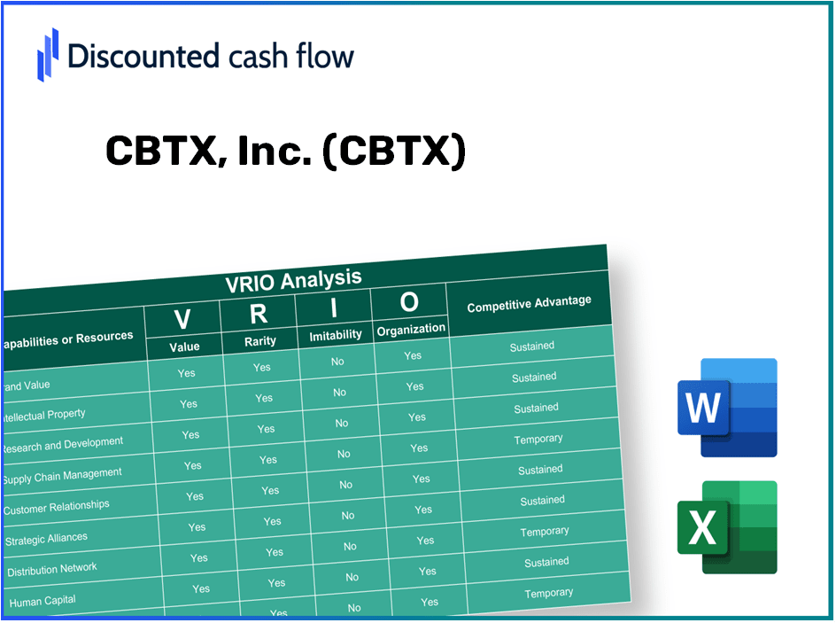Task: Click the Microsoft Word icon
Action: tap(726, 408)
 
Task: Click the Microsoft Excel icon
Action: tap(726, 528)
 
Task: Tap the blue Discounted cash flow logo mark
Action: tap(48, 54)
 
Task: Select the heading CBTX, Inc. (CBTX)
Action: tap(285, 152)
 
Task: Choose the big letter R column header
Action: tap(258, 314)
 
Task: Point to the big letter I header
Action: tap(334, 308)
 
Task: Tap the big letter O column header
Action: tap(409, 302)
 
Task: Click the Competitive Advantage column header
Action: tap(529, 304)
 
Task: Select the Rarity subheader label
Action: tap(260, 341)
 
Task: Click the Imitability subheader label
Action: tap(336, 335)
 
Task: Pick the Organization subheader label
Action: tap(411, 329)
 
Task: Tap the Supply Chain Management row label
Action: tap(62, 476)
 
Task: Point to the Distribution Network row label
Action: tap(52, 570)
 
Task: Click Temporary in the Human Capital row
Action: tap(548, 593)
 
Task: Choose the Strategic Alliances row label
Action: tap(47, 538)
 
